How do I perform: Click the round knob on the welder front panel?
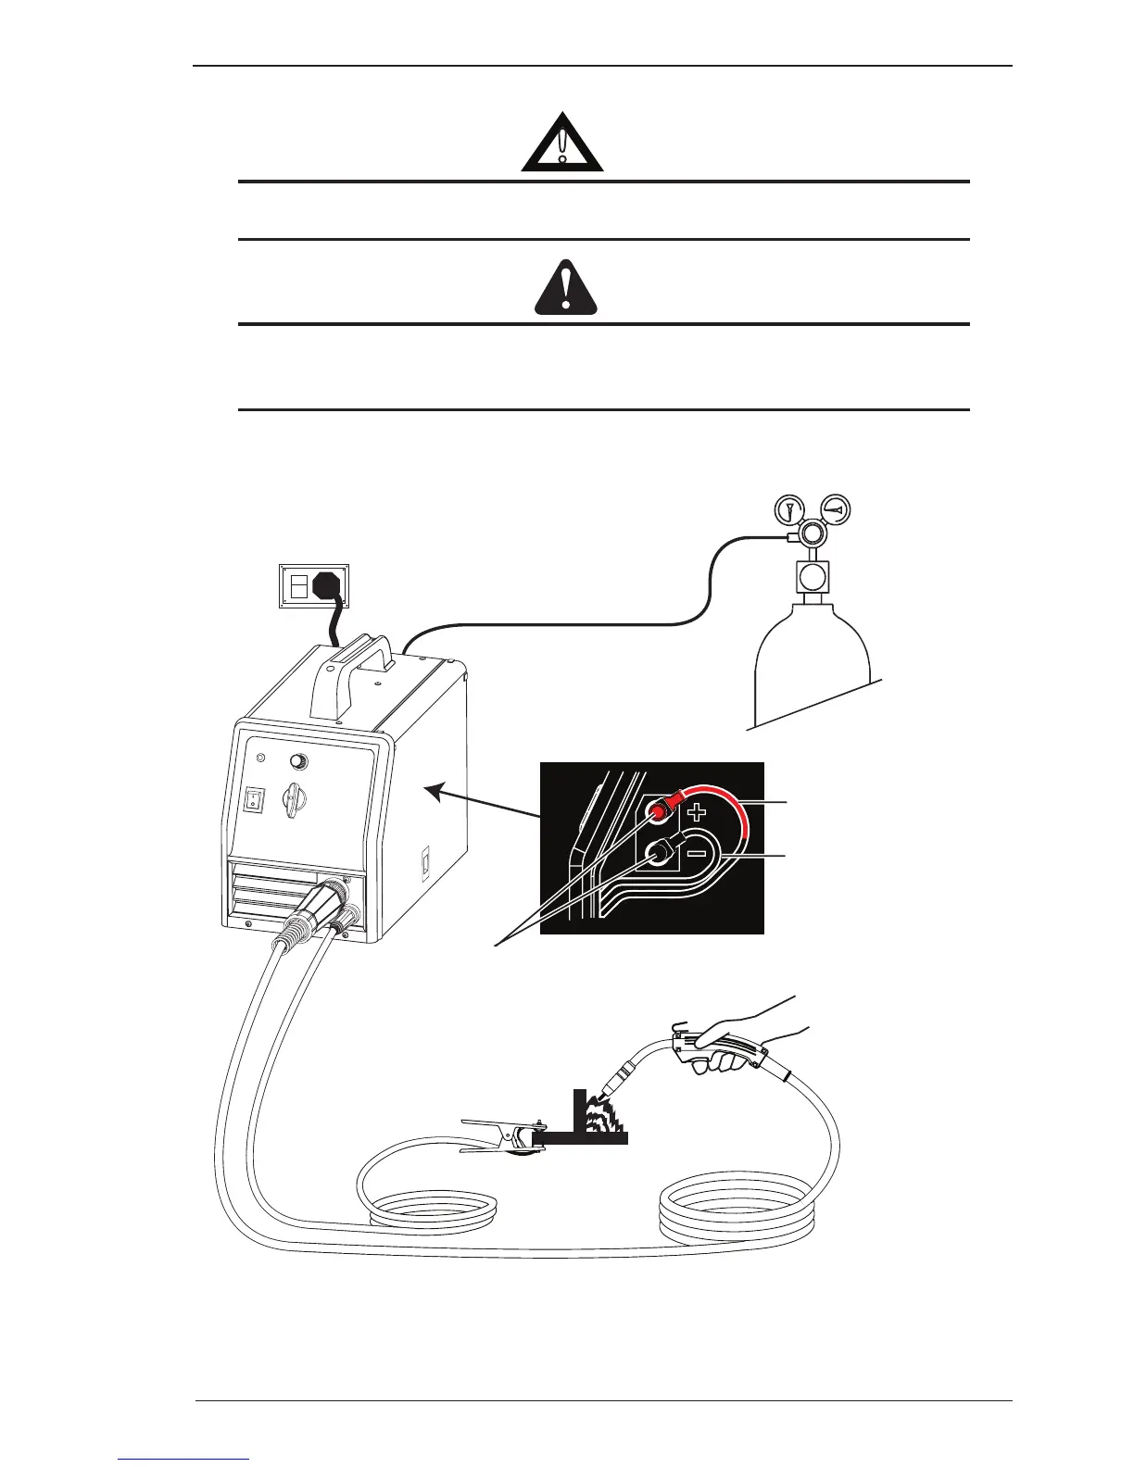(x=299, y=762)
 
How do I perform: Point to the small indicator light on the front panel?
(x=260, y=759)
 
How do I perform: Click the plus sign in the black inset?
(x=698, y=812)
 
